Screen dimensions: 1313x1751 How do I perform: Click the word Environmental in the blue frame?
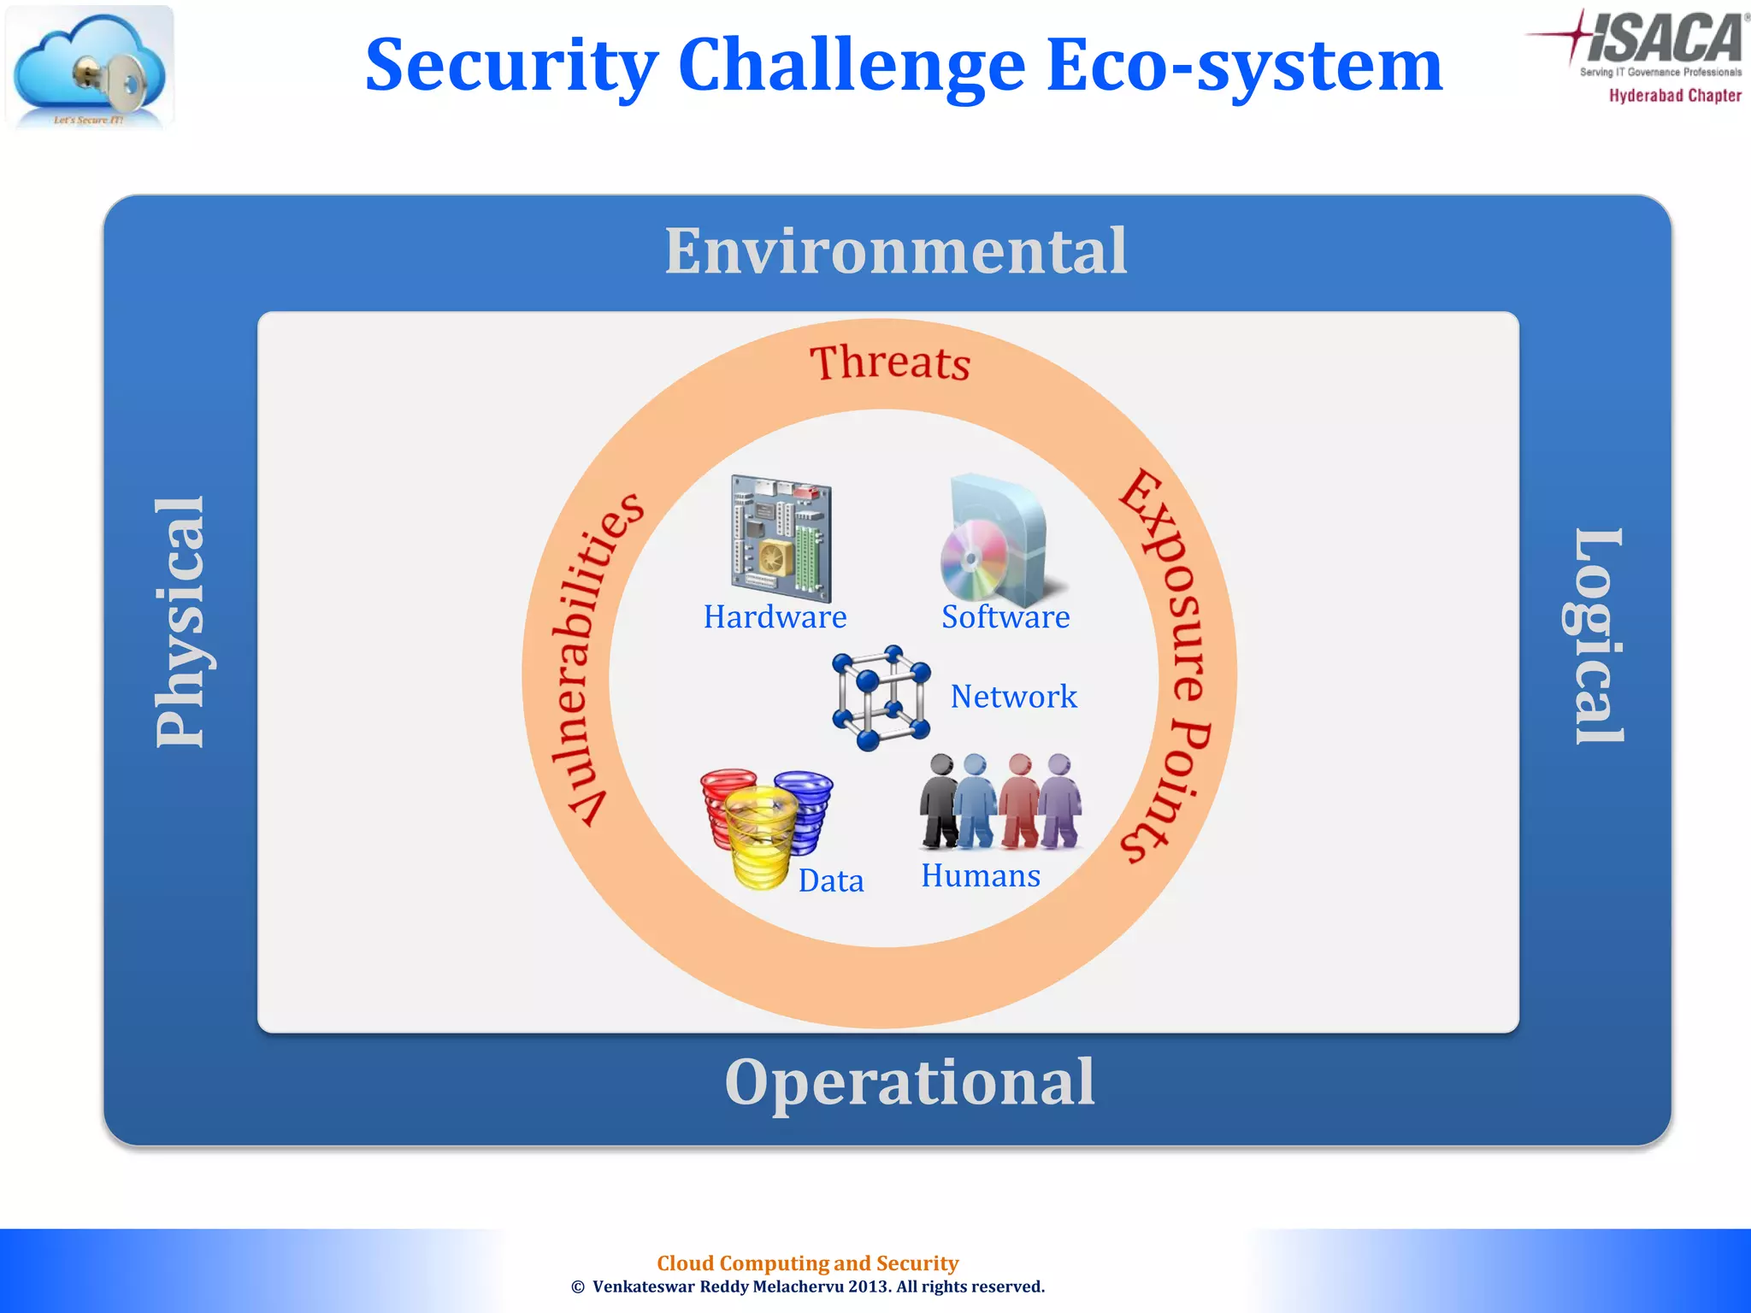pyautogui.click(x=896, y=251)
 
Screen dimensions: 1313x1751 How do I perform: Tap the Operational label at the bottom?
pyautogui.click(x=909, y=1082)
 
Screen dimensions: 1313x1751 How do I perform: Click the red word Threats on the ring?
pyautogui.click(x=890, y=362)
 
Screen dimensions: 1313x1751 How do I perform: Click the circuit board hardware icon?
pyautogui.click(x=781, y=539)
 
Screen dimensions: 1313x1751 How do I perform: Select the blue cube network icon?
pyautogui.click(x=881, y=698)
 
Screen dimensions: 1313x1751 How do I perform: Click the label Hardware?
pyautogui.click(x=775, y=617)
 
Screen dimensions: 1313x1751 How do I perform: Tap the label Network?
pyautogui.click(x=1013, y=697)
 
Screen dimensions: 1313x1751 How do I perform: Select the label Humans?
pyautogui.click(x=981, y=876)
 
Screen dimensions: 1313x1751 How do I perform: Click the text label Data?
pyautogui.click(x=831, y=881)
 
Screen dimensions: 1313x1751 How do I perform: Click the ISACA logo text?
pyautogui.click(x=1664, y=38)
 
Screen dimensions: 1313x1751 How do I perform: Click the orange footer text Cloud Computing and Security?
pyautogui.click(x=807, y=1263)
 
